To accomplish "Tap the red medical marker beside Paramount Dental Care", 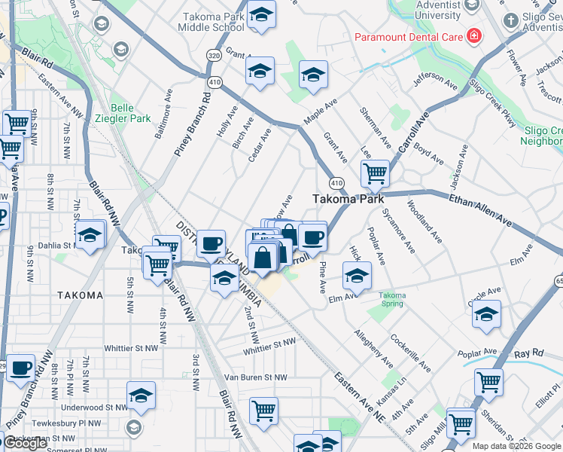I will point(474,35).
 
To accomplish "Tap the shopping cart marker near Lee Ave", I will point(374,174).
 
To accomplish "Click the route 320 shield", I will point(215,56).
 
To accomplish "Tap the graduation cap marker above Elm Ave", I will point(357,276).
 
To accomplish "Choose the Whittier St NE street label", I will point(270,344).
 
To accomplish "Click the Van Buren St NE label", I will point(256,377).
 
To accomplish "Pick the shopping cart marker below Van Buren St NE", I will point(263,411).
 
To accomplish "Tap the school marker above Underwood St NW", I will point(141,395).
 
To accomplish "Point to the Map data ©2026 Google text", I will point(516,446).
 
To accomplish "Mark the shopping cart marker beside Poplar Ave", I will point(489,383).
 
